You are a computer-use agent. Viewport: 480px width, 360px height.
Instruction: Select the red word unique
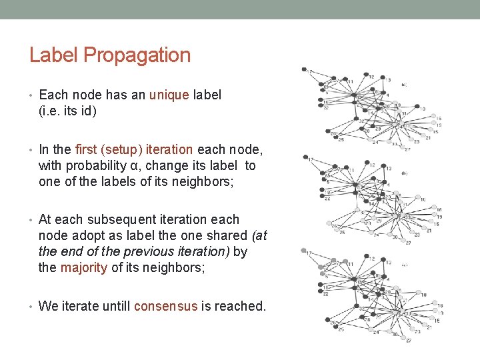pos(169,95)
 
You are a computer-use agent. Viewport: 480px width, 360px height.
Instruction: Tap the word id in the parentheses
pos(89,111)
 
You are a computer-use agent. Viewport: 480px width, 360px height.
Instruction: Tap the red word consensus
pos(166,307)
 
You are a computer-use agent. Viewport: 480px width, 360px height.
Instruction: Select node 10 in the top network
pos(422,107)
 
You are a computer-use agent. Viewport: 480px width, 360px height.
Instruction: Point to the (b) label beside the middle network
pos(405,173)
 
